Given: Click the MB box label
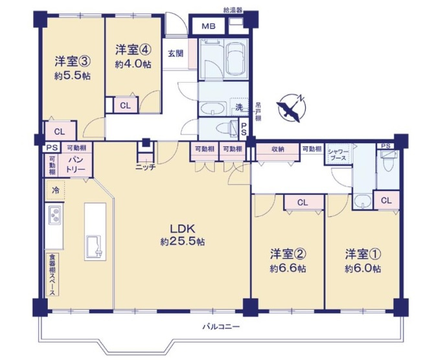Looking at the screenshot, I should (x=208, y=27).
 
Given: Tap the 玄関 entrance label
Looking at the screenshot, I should (x=175, y=54).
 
